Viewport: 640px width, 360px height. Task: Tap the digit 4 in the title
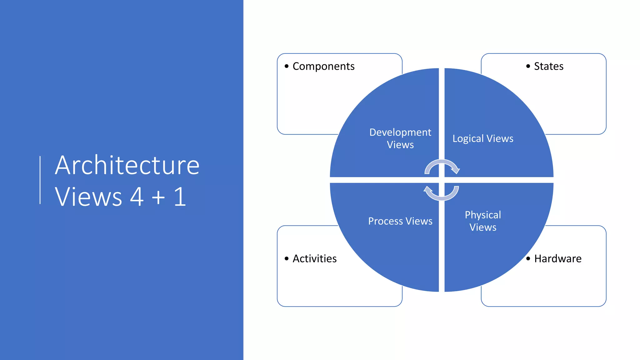click(x=137, y=197)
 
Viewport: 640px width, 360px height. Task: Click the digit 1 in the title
click(x=180, y=197)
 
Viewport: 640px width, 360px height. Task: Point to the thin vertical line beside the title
click(x=40, y=180)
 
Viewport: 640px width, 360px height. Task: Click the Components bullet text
click(x=323, y=66)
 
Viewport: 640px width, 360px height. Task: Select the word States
click(x=548, y=66)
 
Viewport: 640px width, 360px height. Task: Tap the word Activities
click(x=314, y=259)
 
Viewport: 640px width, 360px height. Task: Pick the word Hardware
click(x=557, y=259)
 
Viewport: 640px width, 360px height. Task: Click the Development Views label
click(x=400, y=138)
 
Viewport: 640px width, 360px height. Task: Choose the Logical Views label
click(x=483, y=138)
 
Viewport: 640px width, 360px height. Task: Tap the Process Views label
click(x=400, y=221)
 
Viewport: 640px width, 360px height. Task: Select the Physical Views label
click(x=483, y=221)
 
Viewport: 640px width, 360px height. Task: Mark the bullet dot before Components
click(x=287, y=66)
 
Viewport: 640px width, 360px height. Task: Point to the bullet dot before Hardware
click(x=528, y=258)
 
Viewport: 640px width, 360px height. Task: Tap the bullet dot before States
click(x=528, y=66)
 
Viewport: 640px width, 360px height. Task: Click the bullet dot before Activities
click(x=287, y=258)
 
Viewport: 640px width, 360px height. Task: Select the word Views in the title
click(x=88, y=197)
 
